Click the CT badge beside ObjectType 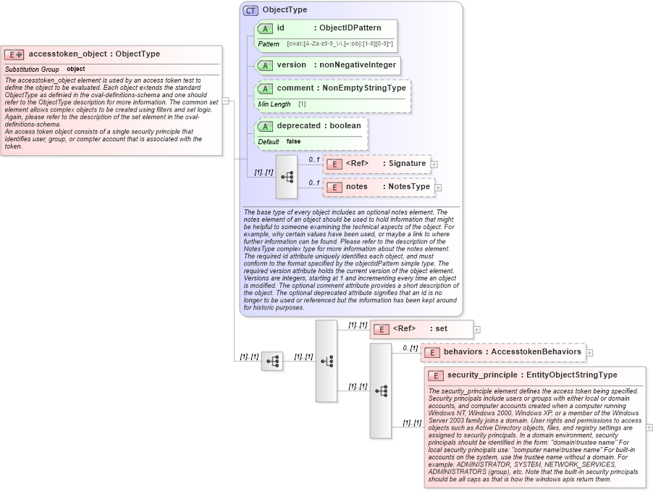[250, 10]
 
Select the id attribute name [280, 28]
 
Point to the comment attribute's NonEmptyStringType [364, 88]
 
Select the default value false [293, 141]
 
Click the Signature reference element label [408, 163]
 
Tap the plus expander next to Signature [434, 164]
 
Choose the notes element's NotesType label [409, 186]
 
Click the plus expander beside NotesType [438, 187]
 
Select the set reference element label [441, 328]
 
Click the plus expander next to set [476, 329]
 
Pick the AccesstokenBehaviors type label [536, 351]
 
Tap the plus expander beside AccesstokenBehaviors [589, 352]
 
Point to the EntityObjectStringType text [570, 375]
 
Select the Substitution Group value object [75, 69]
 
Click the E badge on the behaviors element [432, 352]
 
